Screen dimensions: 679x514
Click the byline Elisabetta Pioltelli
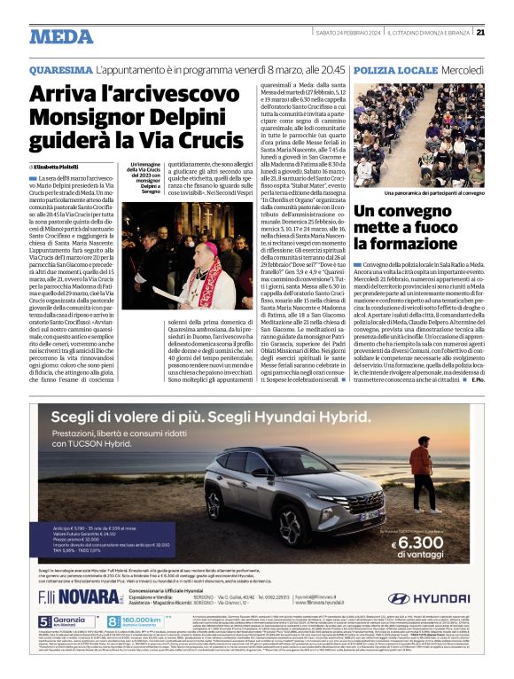click(x=56, y=166)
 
